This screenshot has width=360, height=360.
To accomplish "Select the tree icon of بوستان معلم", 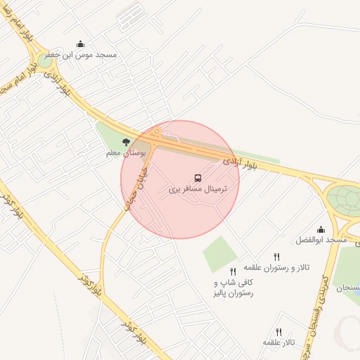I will [x=126, y=142].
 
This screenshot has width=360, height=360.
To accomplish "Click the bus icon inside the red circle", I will [x=198, y=179].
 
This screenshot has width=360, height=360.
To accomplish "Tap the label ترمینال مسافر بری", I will [x=199, y=190].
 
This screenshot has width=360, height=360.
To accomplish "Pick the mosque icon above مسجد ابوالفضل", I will [x=321, y=229].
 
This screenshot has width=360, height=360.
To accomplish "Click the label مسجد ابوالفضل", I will [x=323, y=240].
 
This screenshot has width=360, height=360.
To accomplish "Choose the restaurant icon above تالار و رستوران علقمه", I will [x=276, y=257].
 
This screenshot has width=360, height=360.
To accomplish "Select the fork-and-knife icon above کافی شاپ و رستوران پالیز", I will [x=233, y=271].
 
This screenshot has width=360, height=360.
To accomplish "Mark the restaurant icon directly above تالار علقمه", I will [x=278, y=332].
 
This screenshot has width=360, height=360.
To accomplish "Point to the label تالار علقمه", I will [x=278, y=342].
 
